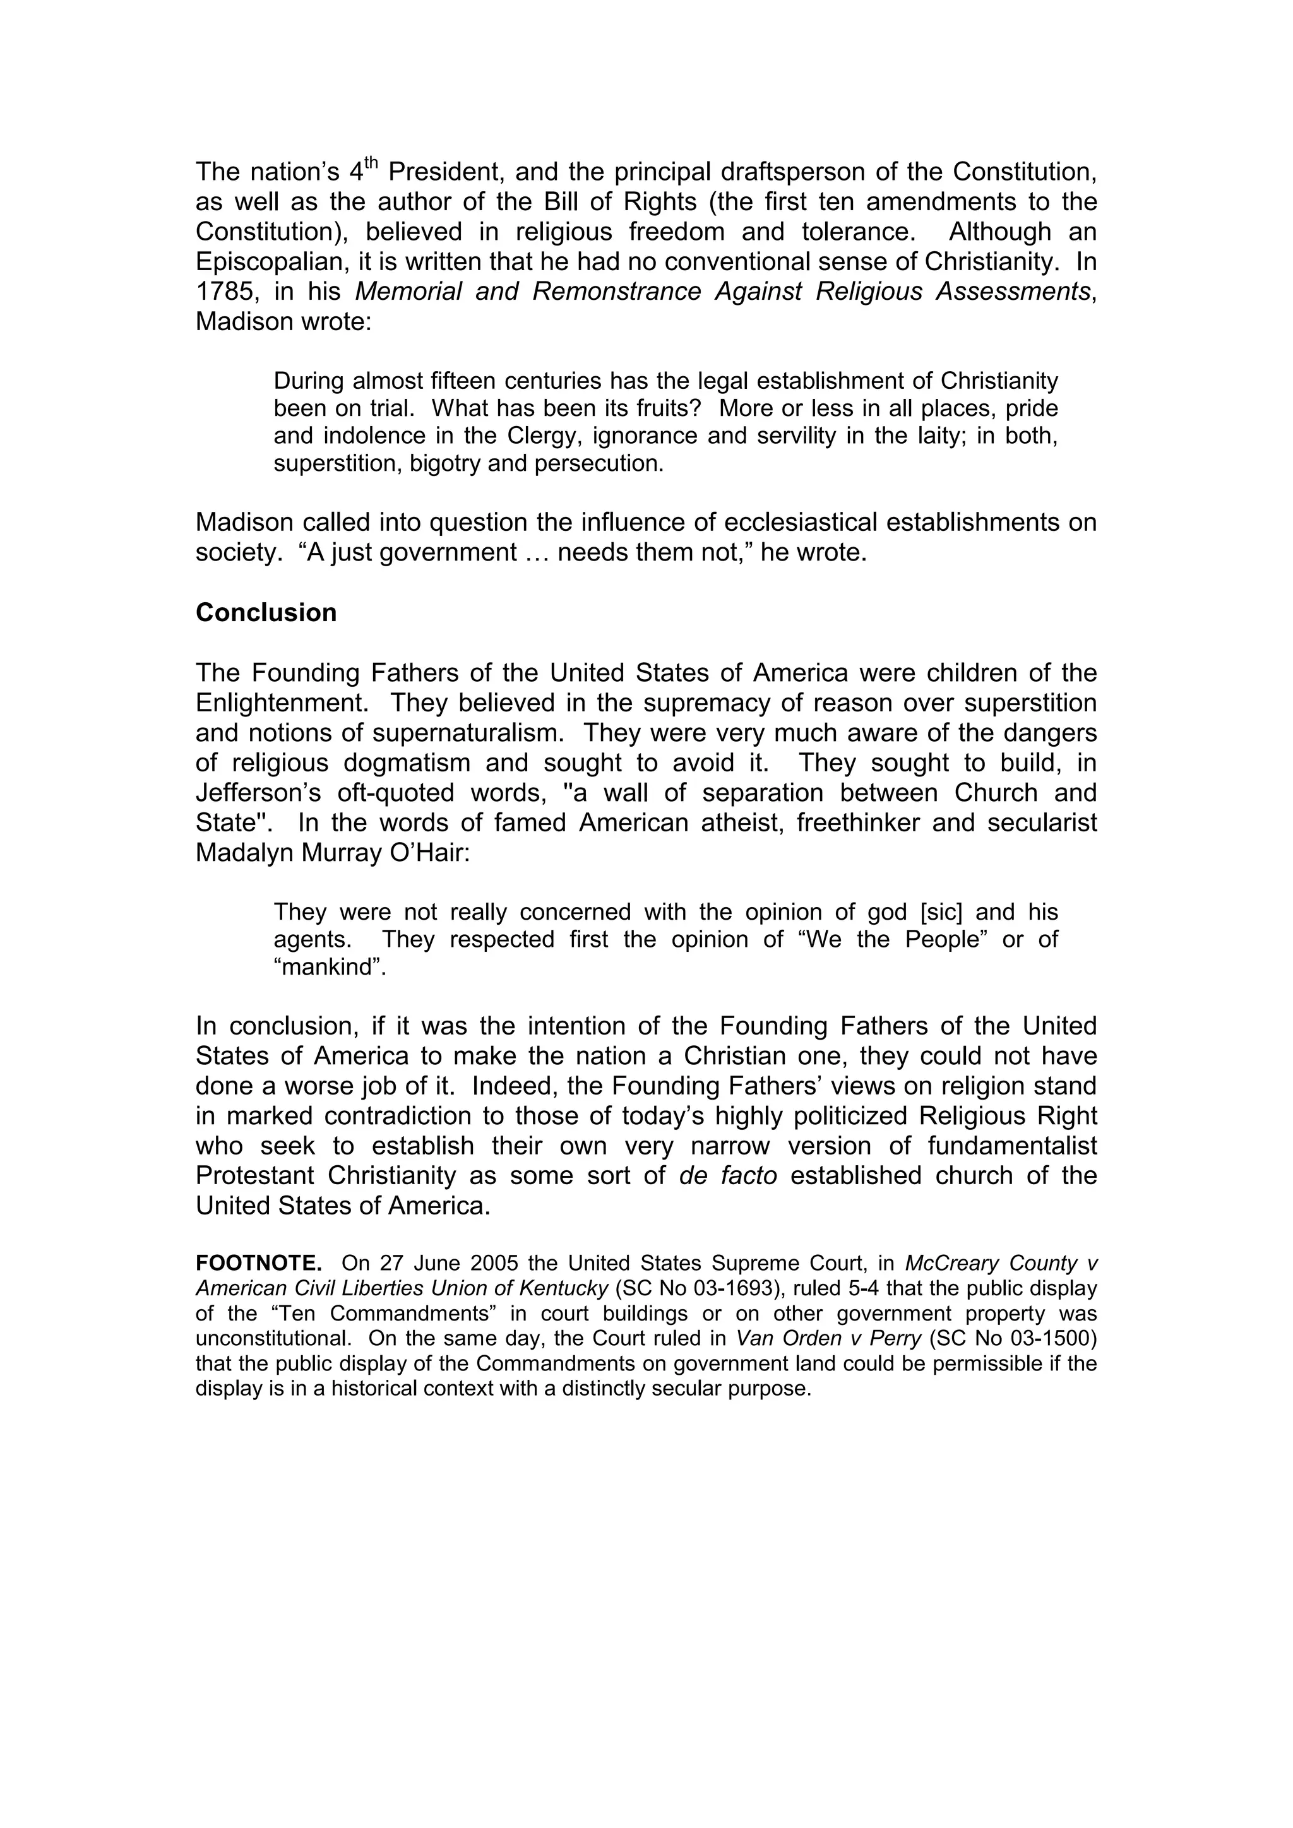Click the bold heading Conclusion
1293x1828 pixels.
click(x=266, y=612)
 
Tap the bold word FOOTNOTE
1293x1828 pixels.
click(x=259, y=1264)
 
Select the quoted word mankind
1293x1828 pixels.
click(x=330, y=968)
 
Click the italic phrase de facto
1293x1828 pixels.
click(x=728, y=1176)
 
